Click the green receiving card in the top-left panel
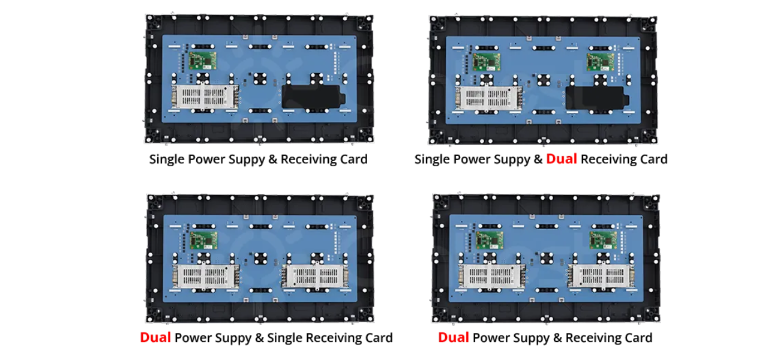[202, 61]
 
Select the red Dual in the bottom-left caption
[155, 337]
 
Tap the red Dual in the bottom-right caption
[453, 337]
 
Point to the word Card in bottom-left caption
[379, 338]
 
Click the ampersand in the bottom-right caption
[555, 338]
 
